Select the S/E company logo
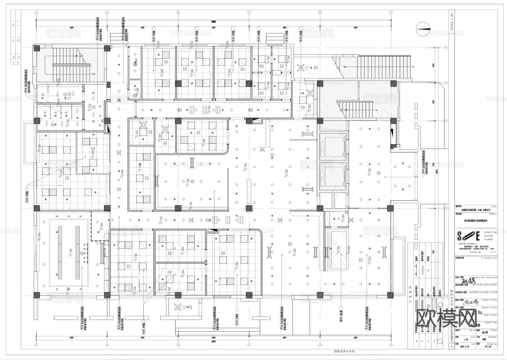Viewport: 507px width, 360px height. [x=469, y=236]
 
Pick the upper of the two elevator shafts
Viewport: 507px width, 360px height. [x=332, y=149]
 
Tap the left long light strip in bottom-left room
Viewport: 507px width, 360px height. [x=60, y=252]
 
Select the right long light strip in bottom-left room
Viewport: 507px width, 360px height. [x=77, y=252]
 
